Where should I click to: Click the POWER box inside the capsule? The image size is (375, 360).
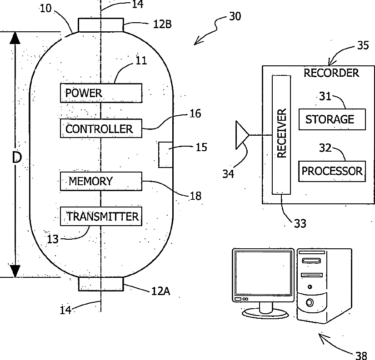point(101,93)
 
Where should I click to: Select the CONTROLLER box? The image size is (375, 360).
point(101,128)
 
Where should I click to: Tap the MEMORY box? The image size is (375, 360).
point(101,181)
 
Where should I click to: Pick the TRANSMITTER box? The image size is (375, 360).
point(101,216)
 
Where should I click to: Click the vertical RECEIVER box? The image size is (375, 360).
point(281,135)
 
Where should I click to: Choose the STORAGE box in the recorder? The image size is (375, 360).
point(332,119)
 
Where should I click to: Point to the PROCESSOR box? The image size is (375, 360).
point(332,171)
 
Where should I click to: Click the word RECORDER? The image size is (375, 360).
point(331,73)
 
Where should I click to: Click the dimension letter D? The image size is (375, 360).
point(17,158)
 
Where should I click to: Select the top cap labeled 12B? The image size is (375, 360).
point(101,25)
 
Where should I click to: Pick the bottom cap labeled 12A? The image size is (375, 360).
point(101,284)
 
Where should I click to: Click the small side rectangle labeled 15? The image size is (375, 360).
point(166,155)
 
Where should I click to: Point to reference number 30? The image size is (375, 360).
point(235,16)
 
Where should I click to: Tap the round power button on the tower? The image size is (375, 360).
point(310,303)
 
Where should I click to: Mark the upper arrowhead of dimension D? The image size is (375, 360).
point(15,38)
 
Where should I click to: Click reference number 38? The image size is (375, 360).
point(361,355)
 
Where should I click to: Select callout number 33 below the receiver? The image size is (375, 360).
point(300,224)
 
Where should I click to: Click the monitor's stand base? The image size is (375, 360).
point(265,313)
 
